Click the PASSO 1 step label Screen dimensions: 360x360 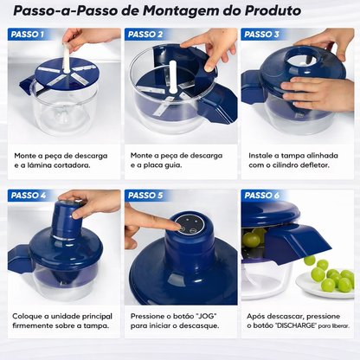[28, 35]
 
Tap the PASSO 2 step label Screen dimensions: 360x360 [145, 35]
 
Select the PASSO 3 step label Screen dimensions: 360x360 [262, 35]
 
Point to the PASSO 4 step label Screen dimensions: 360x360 [28, 196]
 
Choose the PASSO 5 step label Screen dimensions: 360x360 [145, 196]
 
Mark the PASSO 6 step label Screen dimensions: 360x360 [262, 196]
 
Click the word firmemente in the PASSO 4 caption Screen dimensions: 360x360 [41, 327]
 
